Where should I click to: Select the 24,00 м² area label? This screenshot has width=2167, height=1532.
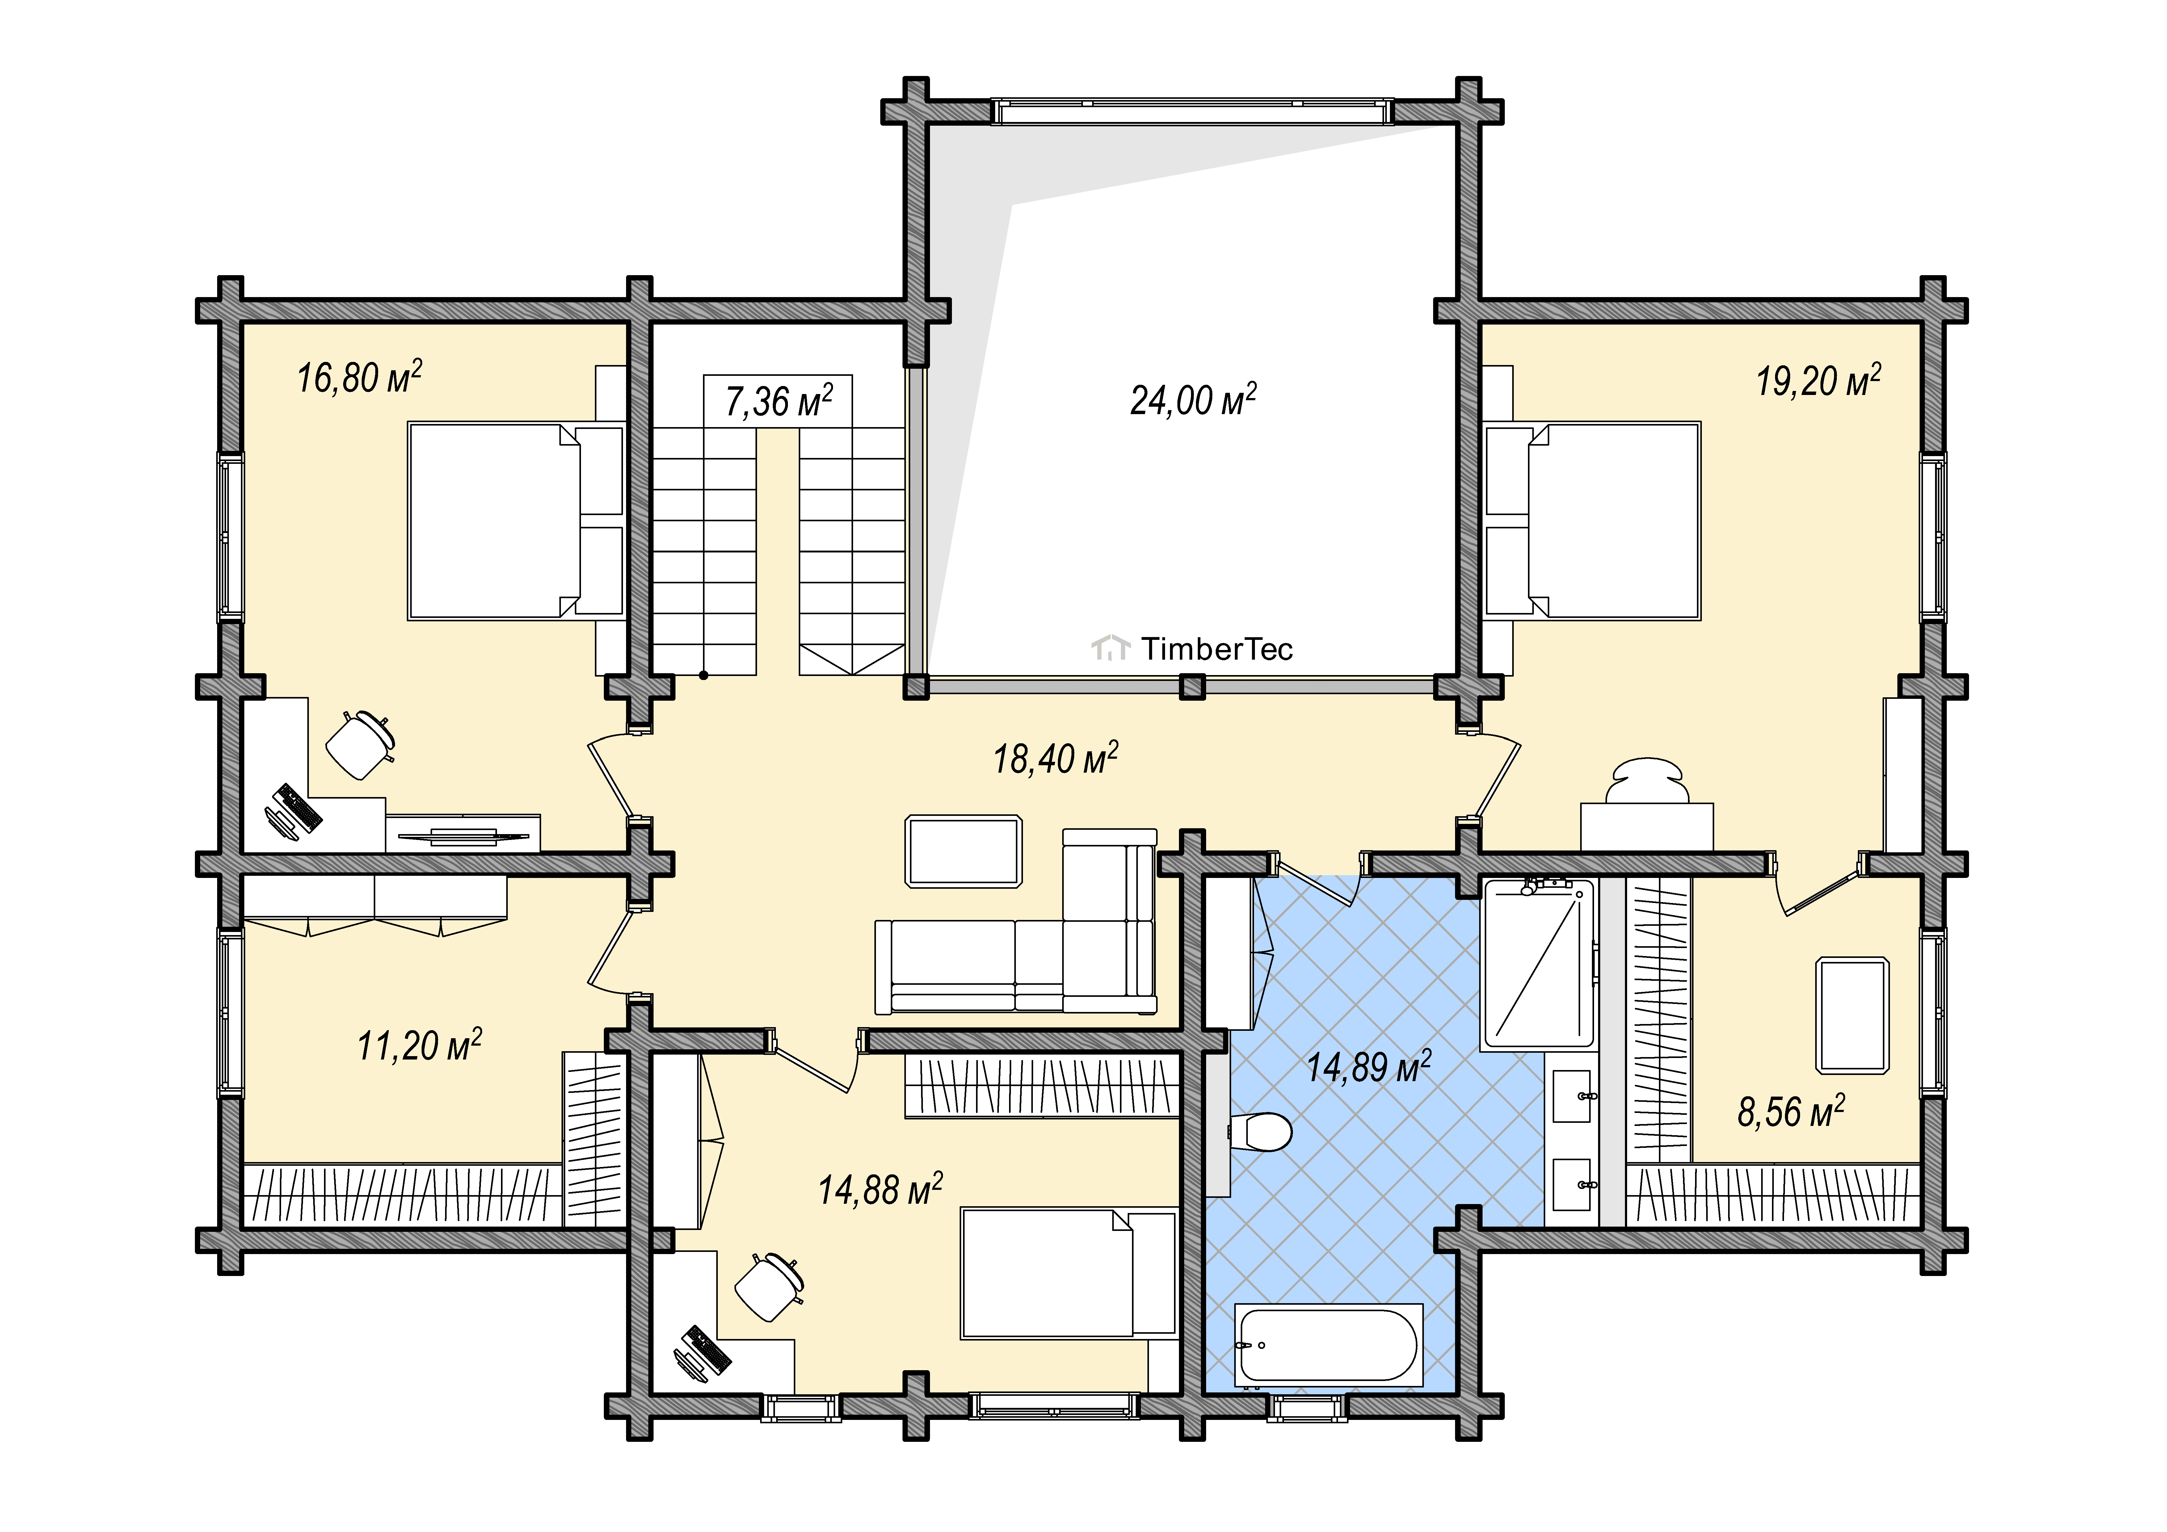1193,399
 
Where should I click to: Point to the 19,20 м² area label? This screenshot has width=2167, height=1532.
1818,380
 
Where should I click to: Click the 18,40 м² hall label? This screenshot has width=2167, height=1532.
1055,758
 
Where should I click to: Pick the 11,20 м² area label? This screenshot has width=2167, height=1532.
419,1045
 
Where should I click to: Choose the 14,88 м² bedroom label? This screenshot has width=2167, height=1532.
880,1189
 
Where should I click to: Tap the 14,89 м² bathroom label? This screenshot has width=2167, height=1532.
1369,1067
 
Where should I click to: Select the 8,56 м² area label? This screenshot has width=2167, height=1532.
1790,1111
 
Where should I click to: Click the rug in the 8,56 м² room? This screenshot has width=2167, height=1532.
1853,1015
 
